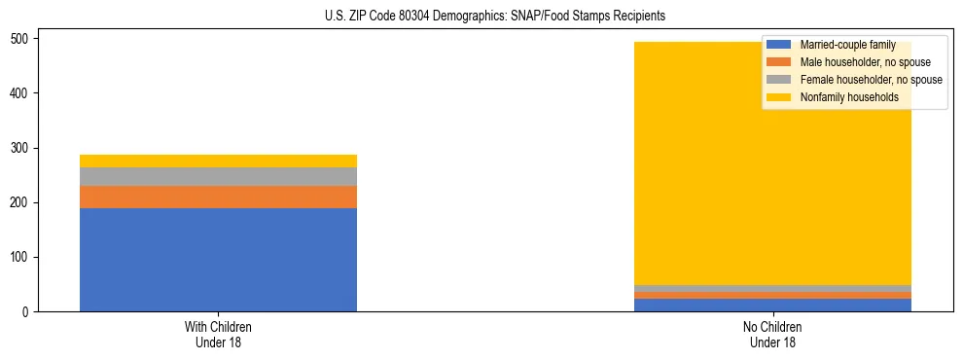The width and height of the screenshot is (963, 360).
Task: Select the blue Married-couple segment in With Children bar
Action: [x=218, y=260]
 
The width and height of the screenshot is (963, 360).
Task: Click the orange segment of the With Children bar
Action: [x=218, y=197]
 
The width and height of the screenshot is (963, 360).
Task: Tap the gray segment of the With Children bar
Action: [x=218, y=176]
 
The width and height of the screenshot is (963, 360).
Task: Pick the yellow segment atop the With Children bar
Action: [x=218, y=161]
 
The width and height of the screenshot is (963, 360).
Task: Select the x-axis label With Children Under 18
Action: [x=218, y=335]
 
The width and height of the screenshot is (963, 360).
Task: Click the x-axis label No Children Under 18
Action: [x=772, y=335]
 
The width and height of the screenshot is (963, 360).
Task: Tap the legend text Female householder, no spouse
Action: [x=871, y=80]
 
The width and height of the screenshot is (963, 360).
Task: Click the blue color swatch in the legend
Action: [x=779, y=45]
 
